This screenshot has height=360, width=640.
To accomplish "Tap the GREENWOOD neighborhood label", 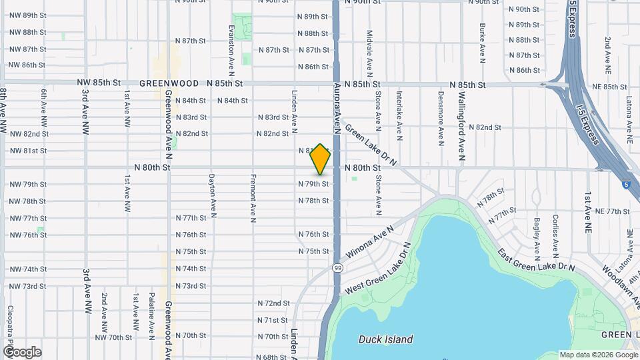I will coord(169,84).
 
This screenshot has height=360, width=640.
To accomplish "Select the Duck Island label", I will coord(385,339).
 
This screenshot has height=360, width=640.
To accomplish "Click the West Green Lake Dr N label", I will coord(377,270).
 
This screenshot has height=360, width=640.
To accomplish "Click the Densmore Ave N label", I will coord(441,118).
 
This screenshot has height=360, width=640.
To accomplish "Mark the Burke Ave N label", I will coord(481,43).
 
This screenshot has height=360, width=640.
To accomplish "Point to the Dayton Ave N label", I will coord(211,197).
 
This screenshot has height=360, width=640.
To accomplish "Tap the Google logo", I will coord(22,351).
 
